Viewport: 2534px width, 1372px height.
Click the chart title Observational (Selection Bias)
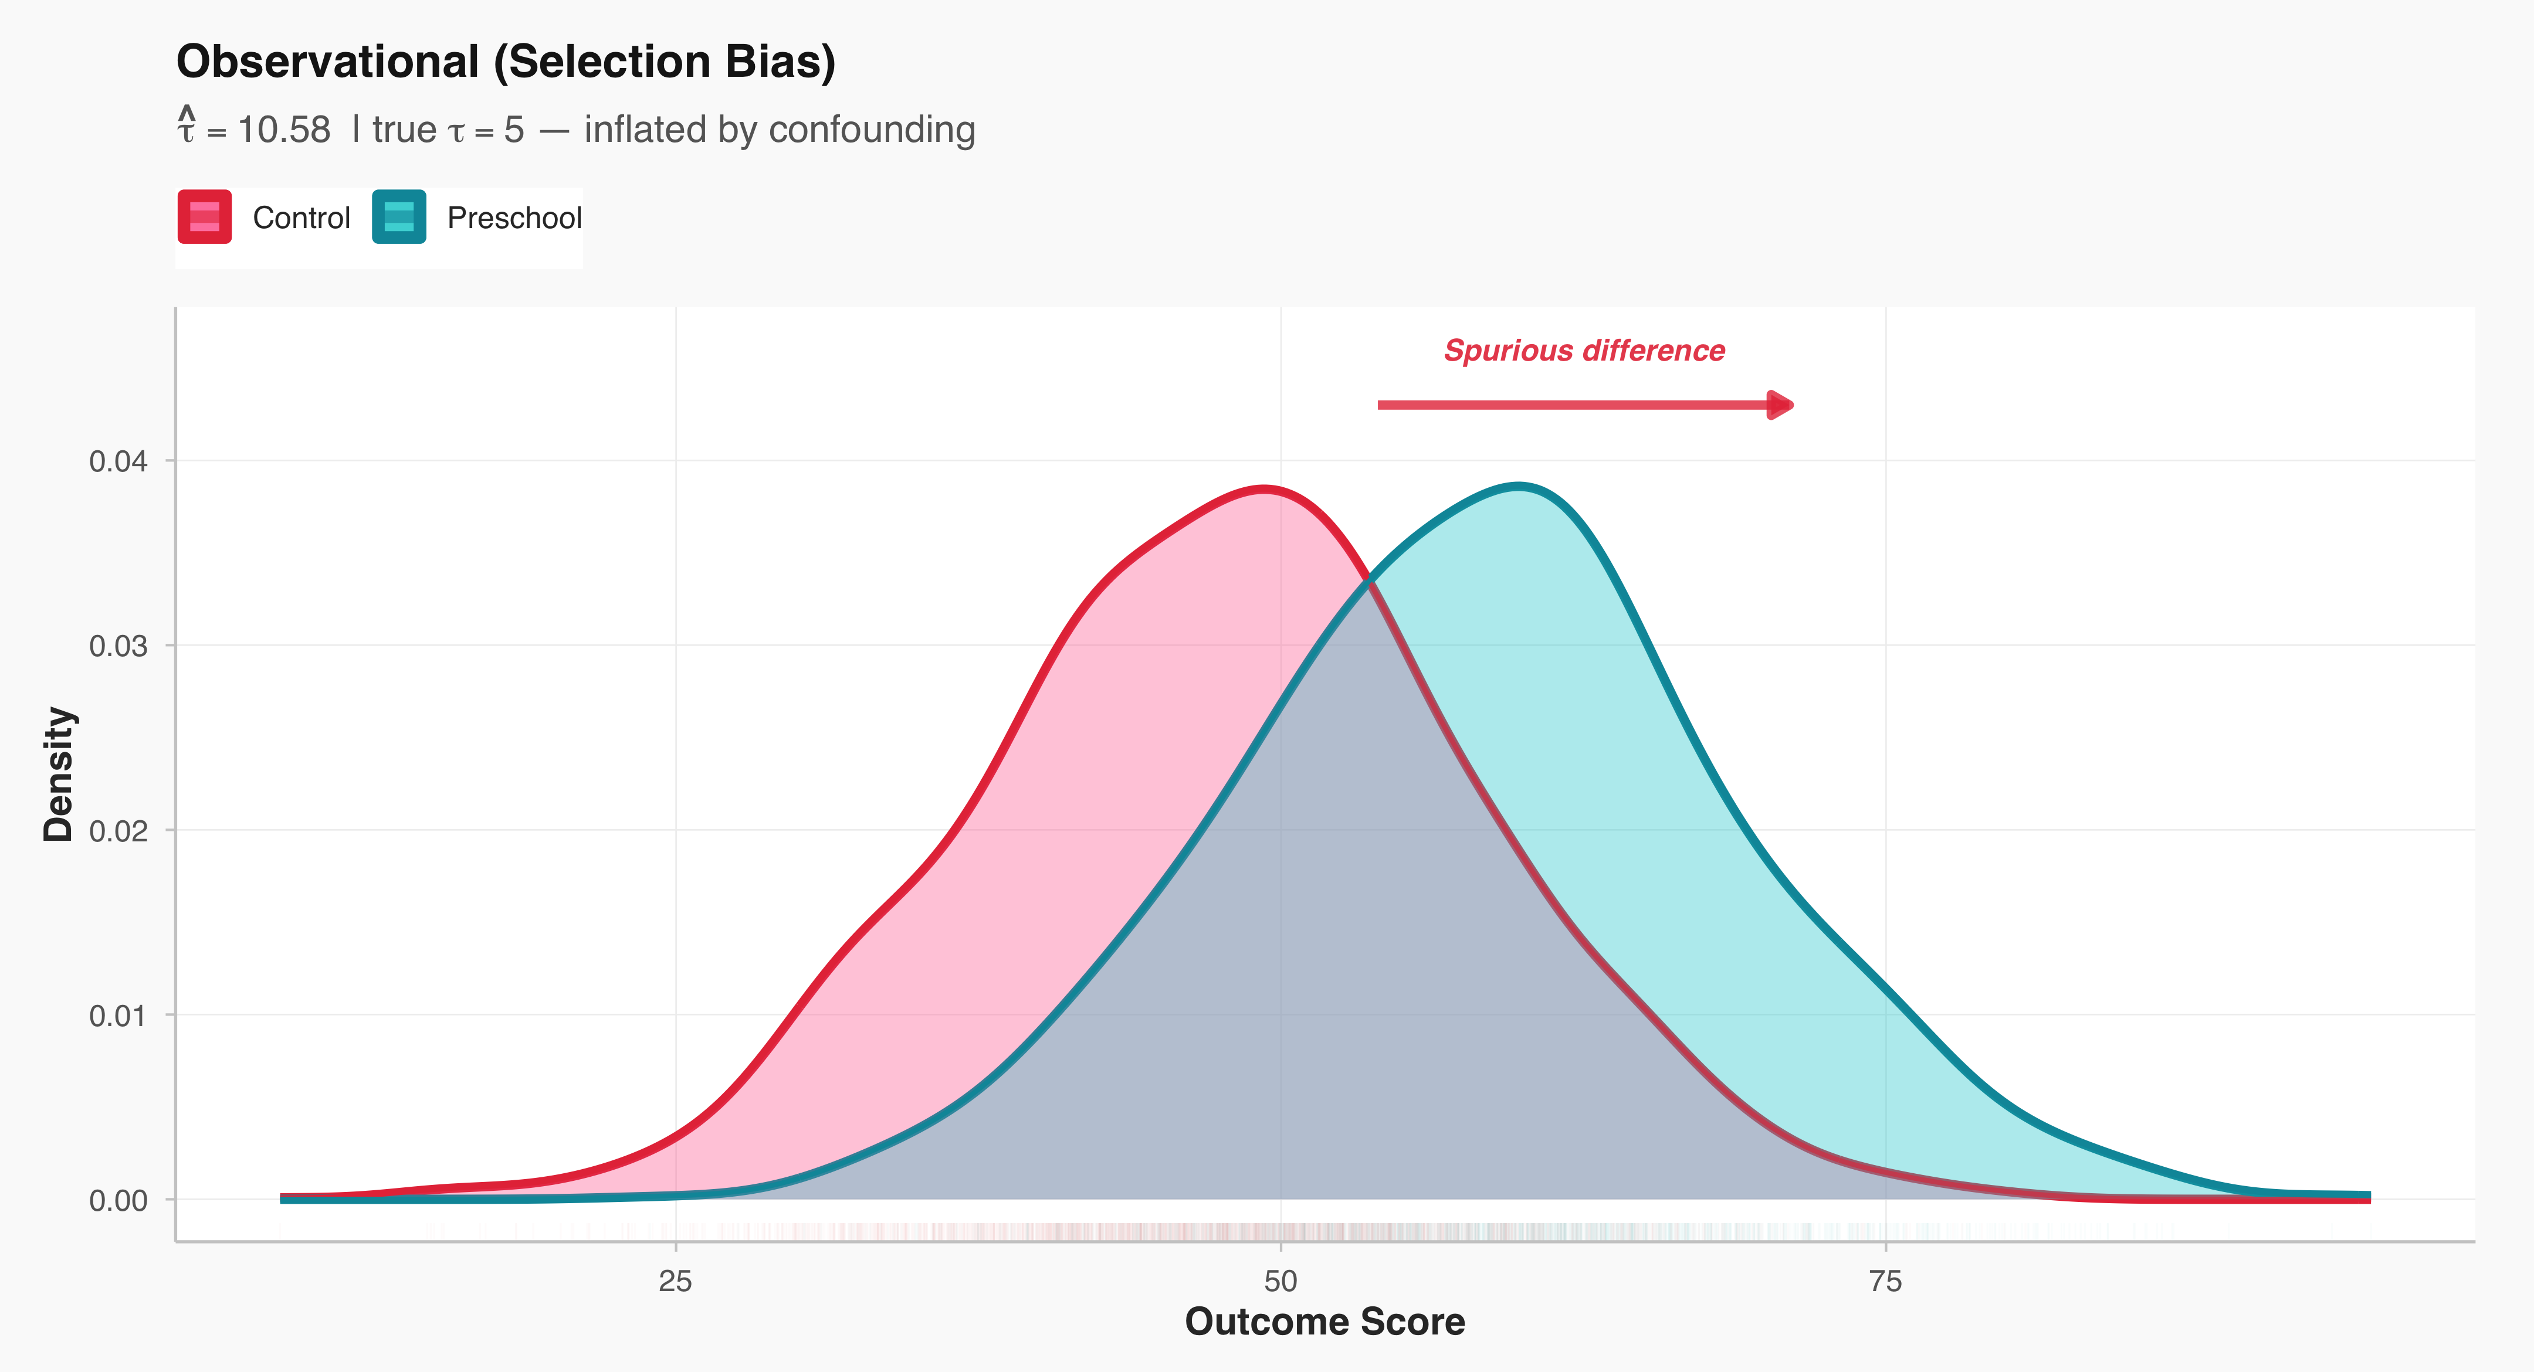click(506, 62)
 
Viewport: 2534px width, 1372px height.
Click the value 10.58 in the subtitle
click(284, 130)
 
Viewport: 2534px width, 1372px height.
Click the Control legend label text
click(301, 218)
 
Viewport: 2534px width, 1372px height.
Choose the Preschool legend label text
click(514, 218)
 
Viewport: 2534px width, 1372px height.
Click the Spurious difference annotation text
click(1584, 351)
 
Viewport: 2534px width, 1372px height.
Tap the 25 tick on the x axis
click(676, 1282)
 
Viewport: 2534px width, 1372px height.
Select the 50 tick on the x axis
click(1280, 1282)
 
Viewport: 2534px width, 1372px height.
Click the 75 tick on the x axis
click(1886, 1282)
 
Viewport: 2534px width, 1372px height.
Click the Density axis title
click(59, 774)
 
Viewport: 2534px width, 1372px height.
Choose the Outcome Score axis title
click(1324, 1322)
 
